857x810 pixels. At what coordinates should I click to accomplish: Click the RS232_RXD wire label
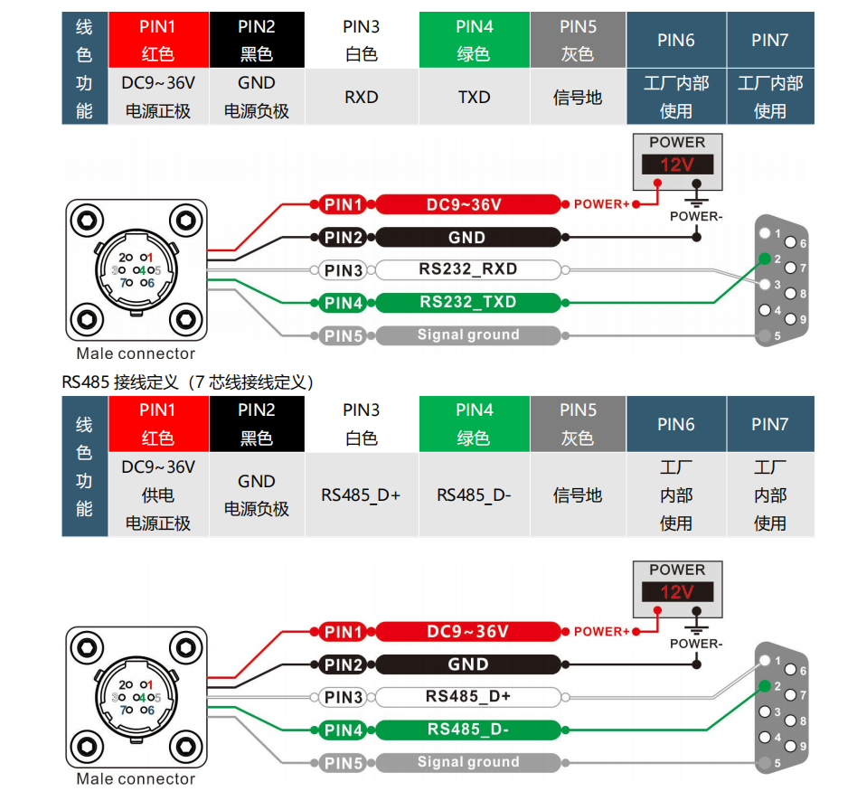click(467, 269)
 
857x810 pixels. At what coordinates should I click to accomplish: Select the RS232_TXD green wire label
click(467, 302)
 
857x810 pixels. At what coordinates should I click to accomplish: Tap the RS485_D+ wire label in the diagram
click(467, 697)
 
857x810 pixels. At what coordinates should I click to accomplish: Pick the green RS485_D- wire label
click(467, 730)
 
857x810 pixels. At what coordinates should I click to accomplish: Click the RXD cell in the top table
click(362, 97)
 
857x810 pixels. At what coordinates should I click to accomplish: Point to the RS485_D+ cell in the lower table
click(361, 495)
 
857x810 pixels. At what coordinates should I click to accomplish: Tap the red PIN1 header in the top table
click(158, 40)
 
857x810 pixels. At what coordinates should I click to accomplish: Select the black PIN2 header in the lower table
click(257, 424)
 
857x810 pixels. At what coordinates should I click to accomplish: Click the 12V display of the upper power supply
click(676, 165)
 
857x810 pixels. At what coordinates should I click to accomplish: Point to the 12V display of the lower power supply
click(676, 592)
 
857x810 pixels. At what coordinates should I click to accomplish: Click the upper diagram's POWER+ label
click(601, 204)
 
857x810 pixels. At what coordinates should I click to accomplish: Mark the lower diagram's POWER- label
click(696, 644)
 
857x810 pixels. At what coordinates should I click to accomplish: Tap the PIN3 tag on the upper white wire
click(344, 270)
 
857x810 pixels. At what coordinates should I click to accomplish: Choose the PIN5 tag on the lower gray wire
click(344, 763)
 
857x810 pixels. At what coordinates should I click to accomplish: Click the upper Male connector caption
click(136, 353)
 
